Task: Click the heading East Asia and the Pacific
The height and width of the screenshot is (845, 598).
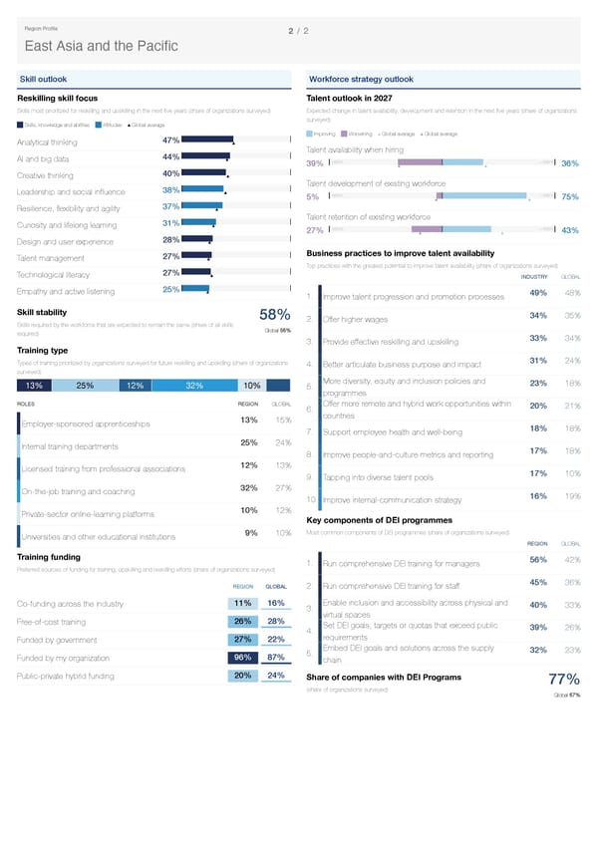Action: [x=101, y=46]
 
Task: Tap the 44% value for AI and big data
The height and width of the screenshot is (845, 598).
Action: [x=169, y=157]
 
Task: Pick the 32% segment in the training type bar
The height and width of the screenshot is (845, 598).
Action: [x=194, y=387]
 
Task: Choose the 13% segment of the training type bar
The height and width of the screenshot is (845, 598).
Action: [x=34, y=387]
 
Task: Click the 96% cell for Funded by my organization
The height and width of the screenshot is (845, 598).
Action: [x=241, y=658]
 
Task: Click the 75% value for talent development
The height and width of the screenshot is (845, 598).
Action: [x=570, y=197]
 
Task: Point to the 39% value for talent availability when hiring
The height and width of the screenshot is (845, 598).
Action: [x=313, y=164]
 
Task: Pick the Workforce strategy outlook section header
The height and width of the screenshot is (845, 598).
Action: [x=362, y=79]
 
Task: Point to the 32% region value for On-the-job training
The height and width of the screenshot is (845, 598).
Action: [x=249, y=488]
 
